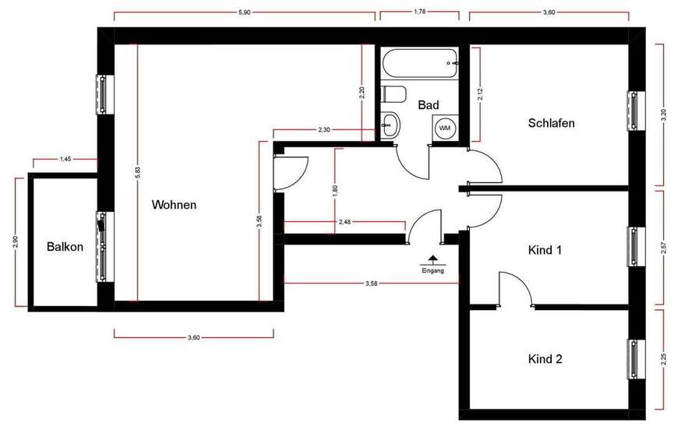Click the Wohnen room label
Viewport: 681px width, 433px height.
[174, 206]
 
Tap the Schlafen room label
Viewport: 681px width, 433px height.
[551, 123]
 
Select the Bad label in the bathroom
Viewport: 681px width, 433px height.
[428, 104]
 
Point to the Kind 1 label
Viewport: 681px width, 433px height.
[545, 251]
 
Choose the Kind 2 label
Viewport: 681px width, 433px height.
[545, 359]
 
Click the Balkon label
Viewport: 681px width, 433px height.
[65, 247]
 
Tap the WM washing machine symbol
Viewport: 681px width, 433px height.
[445, 128]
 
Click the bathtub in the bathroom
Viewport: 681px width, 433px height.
[419, 62]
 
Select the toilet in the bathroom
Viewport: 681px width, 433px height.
[394, 95]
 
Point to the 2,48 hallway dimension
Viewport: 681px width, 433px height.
[344, 223]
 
